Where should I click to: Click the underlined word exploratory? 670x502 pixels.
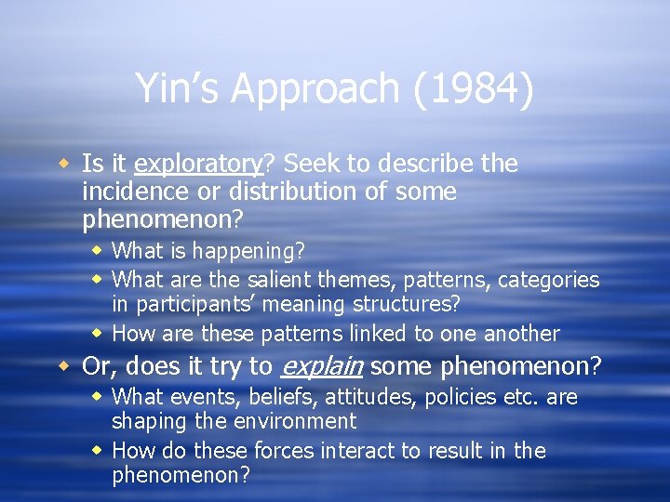[198, 165]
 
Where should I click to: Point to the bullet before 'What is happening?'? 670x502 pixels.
[98, 251]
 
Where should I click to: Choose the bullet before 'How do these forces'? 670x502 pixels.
[98, 451]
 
